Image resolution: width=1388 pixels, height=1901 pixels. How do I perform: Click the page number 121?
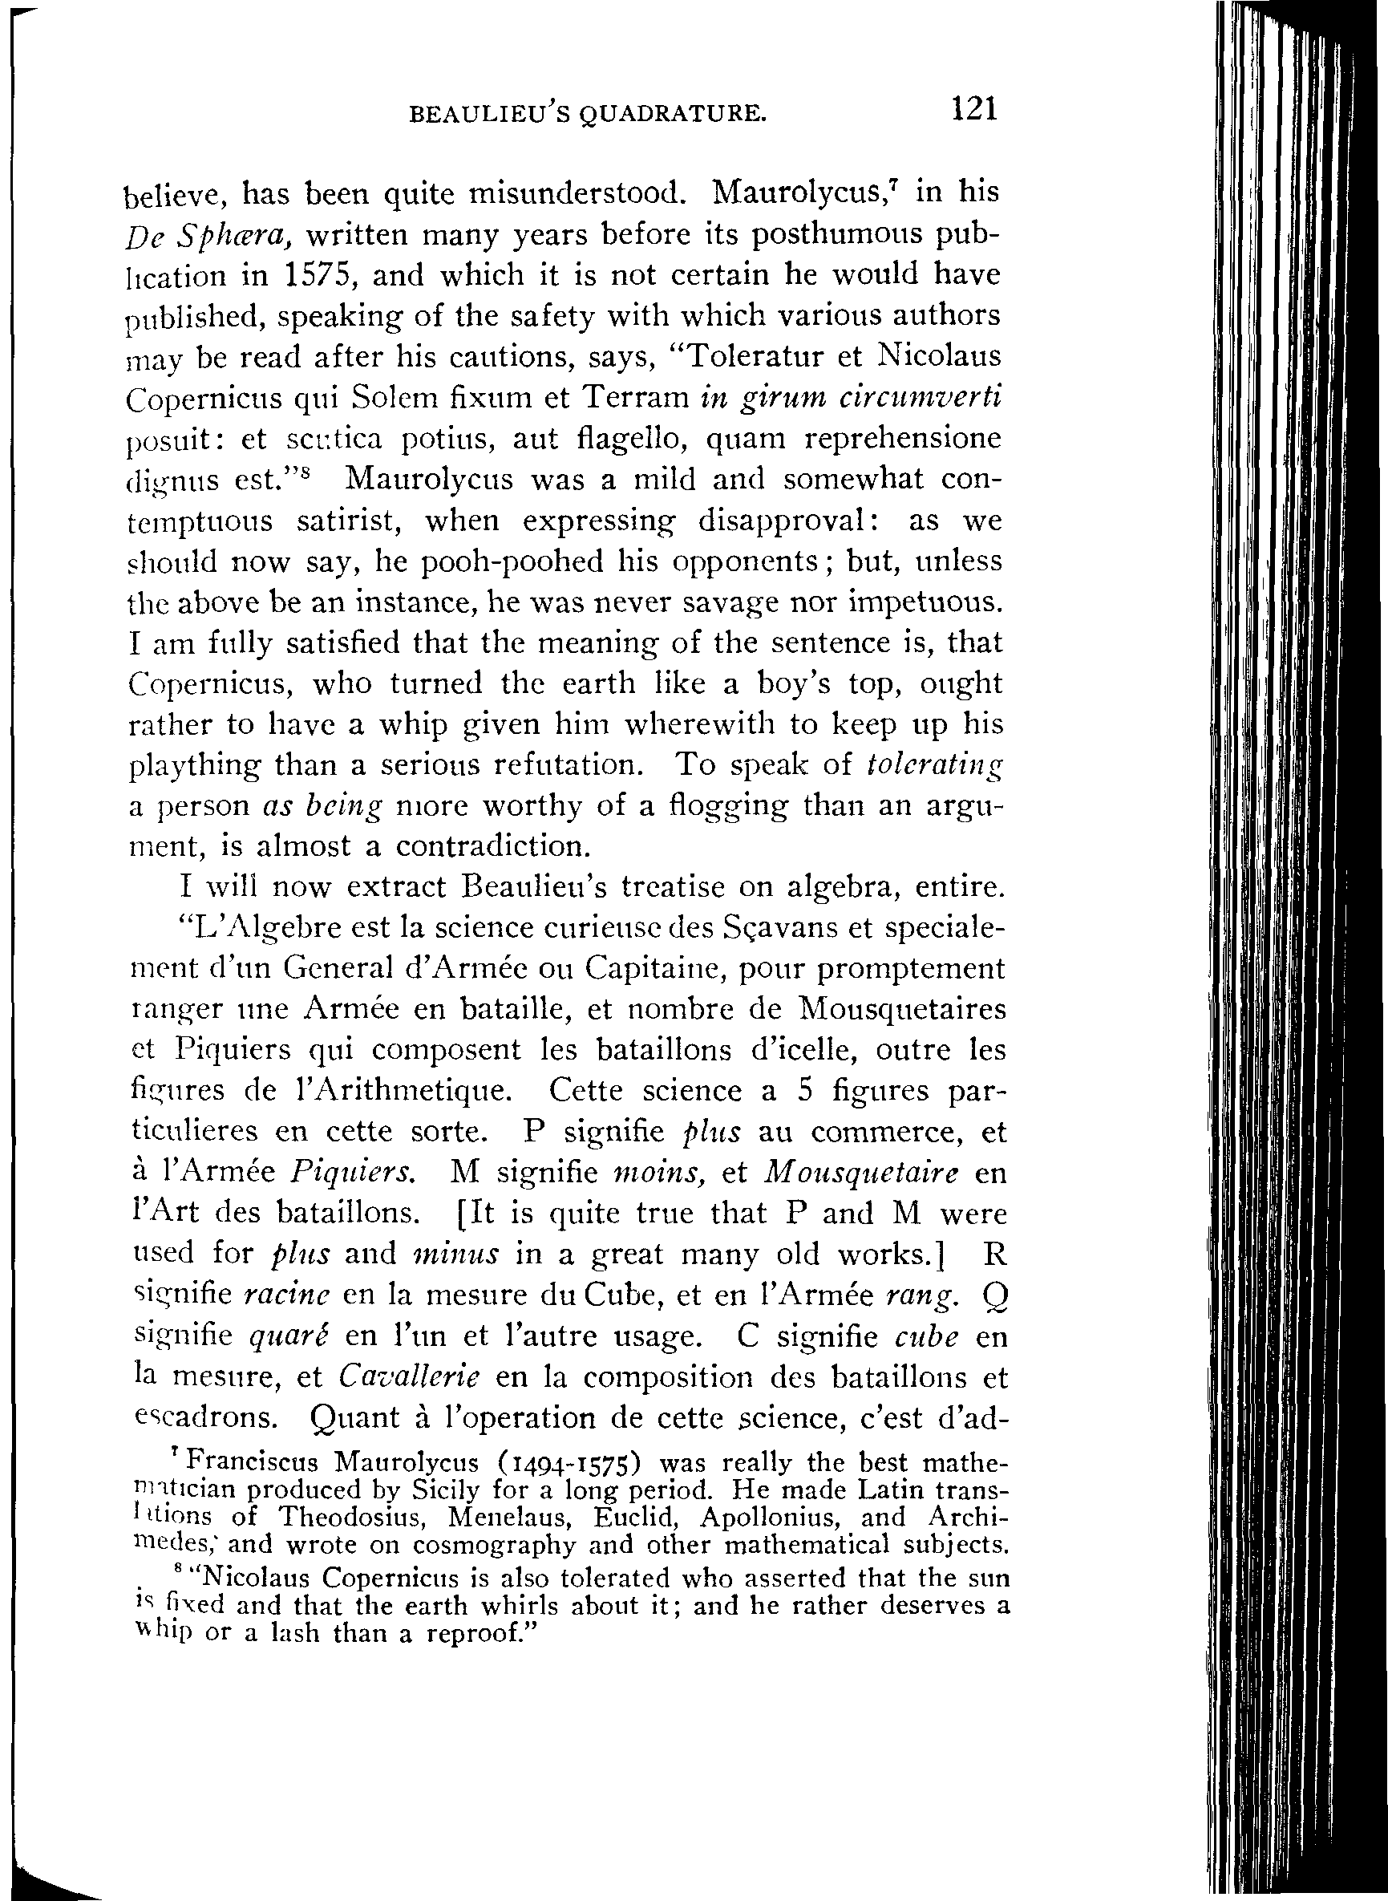coord(973,110)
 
